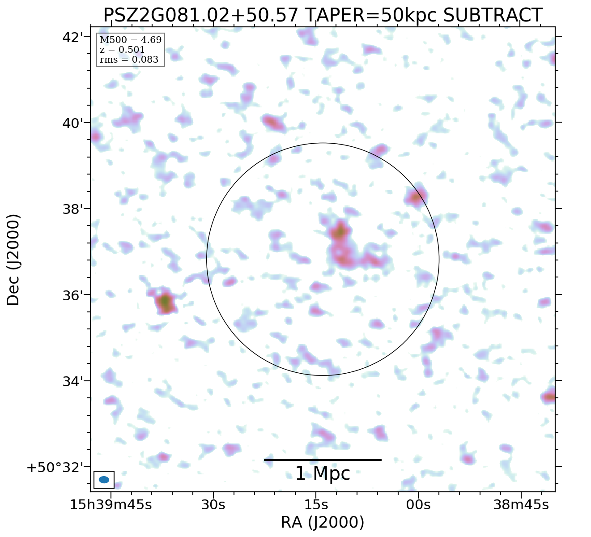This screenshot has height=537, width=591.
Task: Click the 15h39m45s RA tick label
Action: pyautogui.click(x=111, y=505)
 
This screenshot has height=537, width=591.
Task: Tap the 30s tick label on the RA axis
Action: pyautogui.click(x=213, y=505)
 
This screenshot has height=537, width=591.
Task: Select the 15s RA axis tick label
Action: pyautogui.click(x=316, y=505)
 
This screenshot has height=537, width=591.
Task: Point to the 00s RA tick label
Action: pyautogui.click(x=418, y=505)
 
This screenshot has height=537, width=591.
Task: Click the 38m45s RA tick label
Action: pyautogui.click(x=521, y=505)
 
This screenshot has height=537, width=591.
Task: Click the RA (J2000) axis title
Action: pyautogui.click(x=322, y=522)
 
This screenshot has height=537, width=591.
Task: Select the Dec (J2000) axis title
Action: pyautogui.click(x=13, y=260)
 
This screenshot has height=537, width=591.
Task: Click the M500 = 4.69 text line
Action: pyautogui.click(x=130, y=40)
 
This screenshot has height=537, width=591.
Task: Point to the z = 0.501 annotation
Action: pyautogui.click(x=122, y=50)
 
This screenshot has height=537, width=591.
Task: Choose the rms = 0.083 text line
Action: pyautogui.click(x=129, y=60)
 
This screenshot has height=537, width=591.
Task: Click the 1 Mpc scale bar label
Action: pyautogui.click(x=323, y=473)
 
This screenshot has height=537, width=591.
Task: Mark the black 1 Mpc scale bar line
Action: pyautogui.click(x=323, y=460)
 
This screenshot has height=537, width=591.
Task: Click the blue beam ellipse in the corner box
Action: pyautogui.click(x=104, y=480)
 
